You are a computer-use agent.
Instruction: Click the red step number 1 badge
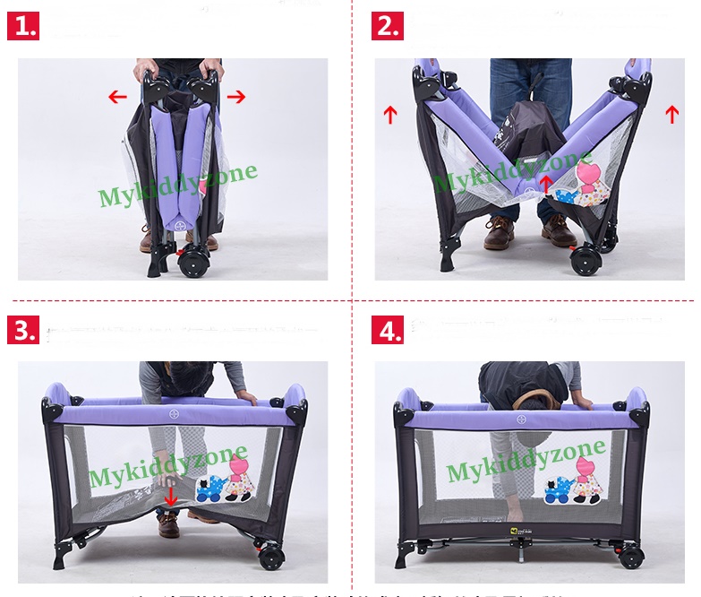pyautogui.click(x=23, y=26)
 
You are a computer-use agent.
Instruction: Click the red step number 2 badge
pyautogui.click(x=388, y=26)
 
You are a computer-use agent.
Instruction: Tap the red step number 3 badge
pyautogui.click(x=23, y=330)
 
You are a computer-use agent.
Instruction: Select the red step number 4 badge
pyautogui.click(x=388, y=330)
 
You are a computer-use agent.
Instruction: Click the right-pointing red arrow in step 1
pyautogui.click(x=235, y=97)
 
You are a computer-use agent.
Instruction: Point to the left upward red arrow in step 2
pyautogui.click(x=389, y=115)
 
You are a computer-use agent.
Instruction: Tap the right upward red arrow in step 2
pyautogui.click(x=672, y=115)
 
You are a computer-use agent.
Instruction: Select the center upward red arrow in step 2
pyautogui.click(x=545, y=185)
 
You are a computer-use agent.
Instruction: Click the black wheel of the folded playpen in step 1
pyautogui.click(x=193, y=263)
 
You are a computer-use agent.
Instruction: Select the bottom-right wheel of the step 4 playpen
pyautogui.click(x=630, y=558)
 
